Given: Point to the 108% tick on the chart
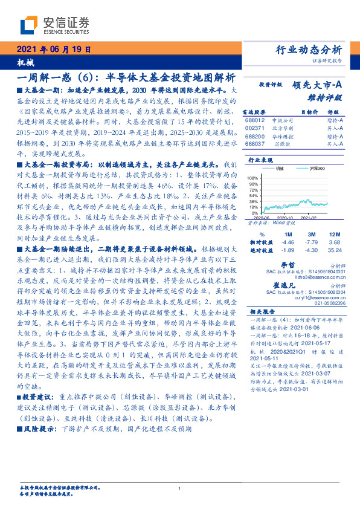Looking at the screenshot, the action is [254, 178].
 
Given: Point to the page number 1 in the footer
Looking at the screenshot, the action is [179, 488].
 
